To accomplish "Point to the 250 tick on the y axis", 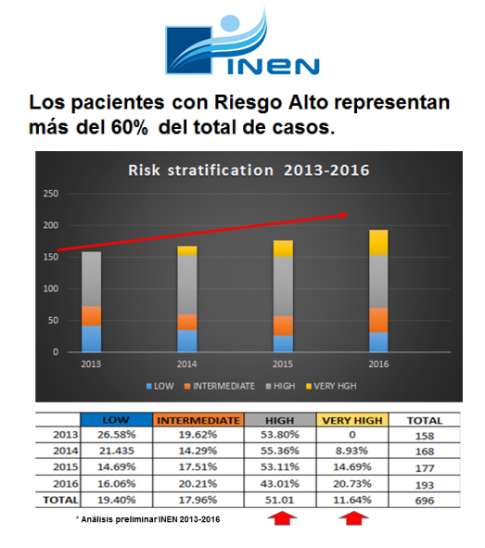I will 52,194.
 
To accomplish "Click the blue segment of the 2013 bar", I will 91,338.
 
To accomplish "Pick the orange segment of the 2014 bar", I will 187,322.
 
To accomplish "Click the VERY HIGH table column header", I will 351,420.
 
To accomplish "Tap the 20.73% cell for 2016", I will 351,482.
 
